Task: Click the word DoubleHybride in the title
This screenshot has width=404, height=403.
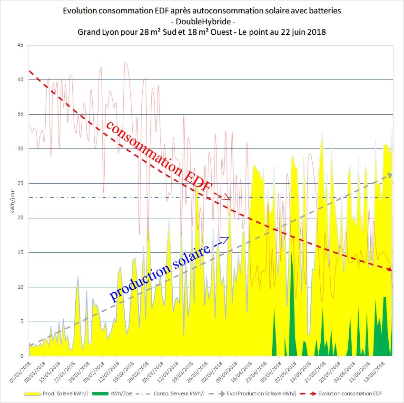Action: [x=202, y=21]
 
